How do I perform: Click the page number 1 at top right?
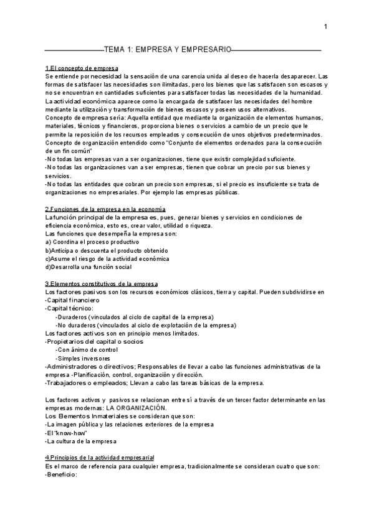click(x=325, y=26)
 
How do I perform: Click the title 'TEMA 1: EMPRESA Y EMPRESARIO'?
click(x=167, y=48)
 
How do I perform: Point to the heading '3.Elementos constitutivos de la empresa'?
click(x=102, y=284)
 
